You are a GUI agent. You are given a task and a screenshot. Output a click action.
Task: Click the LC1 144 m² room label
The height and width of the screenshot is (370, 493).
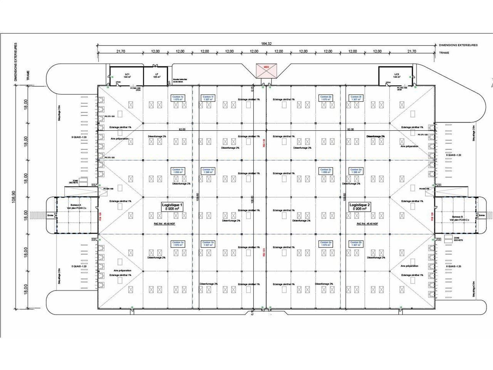pos(127,75)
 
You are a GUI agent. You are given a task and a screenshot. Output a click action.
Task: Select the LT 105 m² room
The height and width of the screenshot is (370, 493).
pos(157,75)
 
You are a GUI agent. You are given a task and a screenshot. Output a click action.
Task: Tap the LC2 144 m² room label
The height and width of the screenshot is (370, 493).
pos(397,76)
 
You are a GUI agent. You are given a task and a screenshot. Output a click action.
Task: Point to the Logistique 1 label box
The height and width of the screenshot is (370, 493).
pos(172,207)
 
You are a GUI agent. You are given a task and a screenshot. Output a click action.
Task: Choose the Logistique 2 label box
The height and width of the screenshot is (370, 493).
pos(360,207)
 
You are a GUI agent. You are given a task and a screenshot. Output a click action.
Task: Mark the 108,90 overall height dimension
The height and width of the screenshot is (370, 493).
pos(14,197)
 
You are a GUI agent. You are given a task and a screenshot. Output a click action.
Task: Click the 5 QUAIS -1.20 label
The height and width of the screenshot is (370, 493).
pos(79,266)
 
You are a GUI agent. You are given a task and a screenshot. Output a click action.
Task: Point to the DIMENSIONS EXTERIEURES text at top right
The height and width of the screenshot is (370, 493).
pos(458,45)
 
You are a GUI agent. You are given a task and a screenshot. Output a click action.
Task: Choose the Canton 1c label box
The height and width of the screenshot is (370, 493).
pos(178,171)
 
